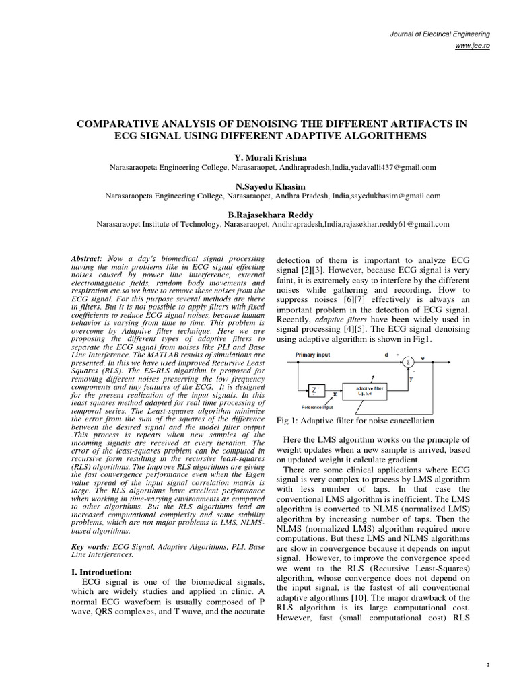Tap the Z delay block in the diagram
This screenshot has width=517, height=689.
click(316, 389)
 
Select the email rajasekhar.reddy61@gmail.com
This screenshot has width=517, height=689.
click(392, 225)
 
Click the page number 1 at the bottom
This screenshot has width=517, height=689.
click(486, 665)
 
